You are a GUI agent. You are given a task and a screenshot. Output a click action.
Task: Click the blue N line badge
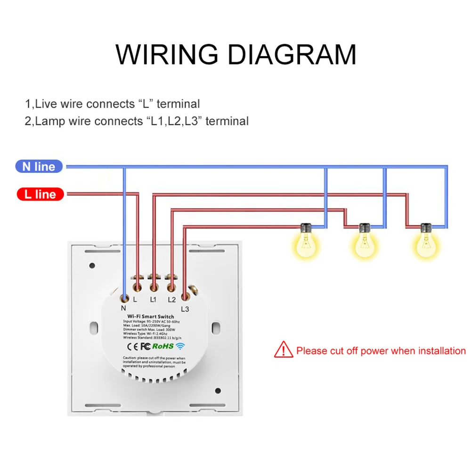coord(39,166)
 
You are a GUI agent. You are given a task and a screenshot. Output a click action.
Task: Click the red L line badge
coord(40,194)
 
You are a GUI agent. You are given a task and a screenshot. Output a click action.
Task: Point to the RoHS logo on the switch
coord(162,346)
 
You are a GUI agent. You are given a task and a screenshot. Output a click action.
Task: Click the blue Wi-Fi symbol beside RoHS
coord(180,346)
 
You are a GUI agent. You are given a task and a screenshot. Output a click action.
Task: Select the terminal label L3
coord(185,309)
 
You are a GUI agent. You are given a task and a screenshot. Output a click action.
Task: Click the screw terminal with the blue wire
coord(124,297)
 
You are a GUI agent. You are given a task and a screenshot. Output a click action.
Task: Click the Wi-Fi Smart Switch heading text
coord(150,317)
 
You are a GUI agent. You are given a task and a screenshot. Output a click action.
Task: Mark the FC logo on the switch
coord(145,346)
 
